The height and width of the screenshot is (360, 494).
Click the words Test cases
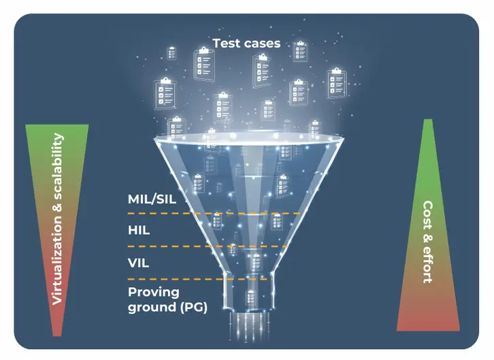tap(246, 44)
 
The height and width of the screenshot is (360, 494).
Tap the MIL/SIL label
tap(153, 200)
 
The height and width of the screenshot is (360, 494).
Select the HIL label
tap(139, 231)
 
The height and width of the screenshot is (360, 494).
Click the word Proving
tap(154, 292)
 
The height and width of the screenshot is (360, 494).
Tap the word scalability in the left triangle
tap(58, 167)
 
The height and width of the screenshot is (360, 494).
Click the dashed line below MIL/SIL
tap(214, 214)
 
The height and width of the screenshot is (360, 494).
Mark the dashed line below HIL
tap(214, 246)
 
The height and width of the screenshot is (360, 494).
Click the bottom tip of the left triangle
tap(59, 334)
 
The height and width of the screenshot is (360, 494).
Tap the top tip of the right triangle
tap(428, 121)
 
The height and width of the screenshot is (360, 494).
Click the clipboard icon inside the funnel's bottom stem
tap(251, 297)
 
